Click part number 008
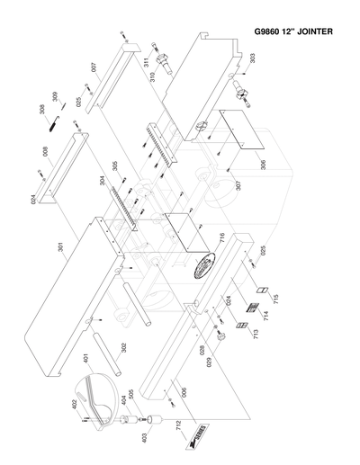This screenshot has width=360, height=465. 44,152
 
